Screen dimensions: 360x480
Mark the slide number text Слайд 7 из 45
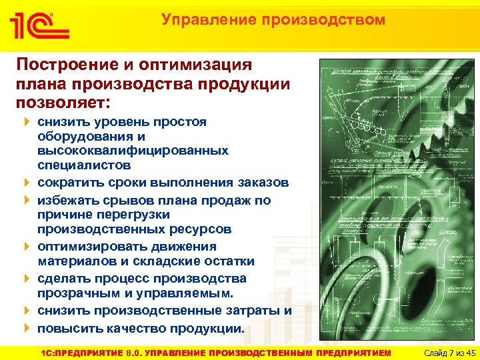(x=443, y=351)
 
